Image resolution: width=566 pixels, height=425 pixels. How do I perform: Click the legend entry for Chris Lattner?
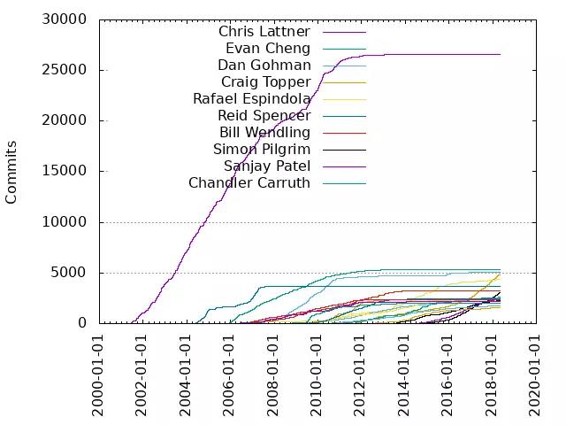coord(264,32)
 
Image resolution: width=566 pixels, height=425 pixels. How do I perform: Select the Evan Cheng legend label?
coord(267,49)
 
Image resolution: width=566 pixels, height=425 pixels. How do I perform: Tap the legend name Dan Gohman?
coord(264,66)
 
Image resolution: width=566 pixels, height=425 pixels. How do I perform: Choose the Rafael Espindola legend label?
coord(251,99)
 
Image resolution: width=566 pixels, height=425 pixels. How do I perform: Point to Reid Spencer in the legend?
coord(264,116)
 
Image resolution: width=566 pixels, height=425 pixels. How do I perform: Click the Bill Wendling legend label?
coord(264,133)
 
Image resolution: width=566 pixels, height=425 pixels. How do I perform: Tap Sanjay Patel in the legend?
coord(266,166)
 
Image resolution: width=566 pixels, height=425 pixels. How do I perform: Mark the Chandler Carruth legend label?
coord(249,183)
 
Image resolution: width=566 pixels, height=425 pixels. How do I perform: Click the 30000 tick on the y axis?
coord(65,19)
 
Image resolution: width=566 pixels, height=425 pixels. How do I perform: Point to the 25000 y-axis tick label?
coord(65,70)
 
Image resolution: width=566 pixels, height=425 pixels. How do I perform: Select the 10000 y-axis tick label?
coord(65,222)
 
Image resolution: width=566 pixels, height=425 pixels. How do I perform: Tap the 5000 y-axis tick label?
coord(69,273)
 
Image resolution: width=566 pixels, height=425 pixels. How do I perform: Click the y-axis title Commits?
coord(12,172)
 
